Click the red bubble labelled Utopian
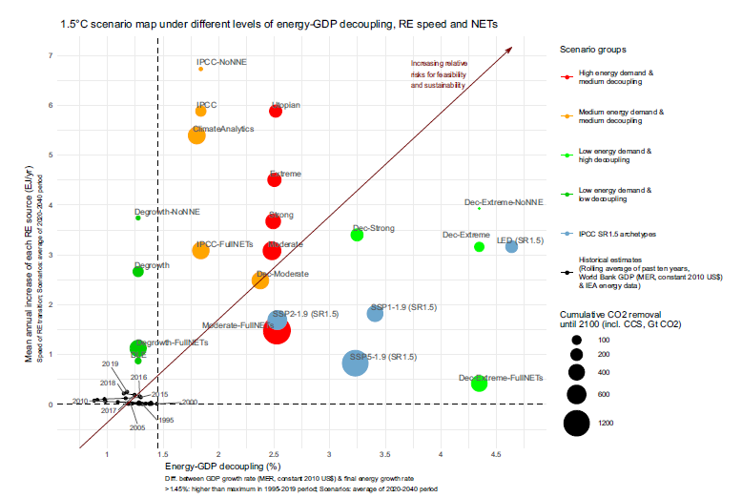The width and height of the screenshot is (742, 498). coord(276,112)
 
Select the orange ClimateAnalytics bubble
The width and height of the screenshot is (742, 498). coord(196,135)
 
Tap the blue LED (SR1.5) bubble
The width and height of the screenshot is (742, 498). coord(511,247)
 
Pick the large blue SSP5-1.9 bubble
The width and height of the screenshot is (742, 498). coord(355,363)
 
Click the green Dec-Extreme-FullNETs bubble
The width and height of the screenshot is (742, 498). coord(480,384)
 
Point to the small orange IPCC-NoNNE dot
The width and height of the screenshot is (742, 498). coord(200,69)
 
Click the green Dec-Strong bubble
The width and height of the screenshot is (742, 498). coord(357,235)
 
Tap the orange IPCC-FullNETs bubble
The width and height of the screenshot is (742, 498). coord(200,251)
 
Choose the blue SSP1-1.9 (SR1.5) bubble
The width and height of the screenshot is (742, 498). coord(375,314)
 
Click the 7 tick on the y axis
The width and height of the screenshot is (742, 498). coord(50,55)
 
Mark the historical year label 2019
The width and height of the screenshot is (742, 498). coord(110,364)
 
